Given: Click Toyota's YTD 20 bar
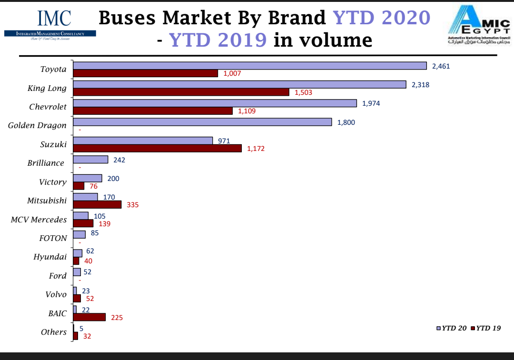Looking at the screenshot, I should pyautogui.click(x=249, y=66).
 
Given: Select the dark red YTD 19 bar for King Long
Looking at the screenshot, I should pyautogui.click(x=181, y=92).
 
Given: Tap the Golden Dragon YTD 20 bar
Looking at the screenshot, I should pyautogui.click(x=202, y=122).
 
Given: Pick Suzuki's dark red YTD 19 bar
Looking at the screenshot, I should pyautogui.click(x=157, y=148).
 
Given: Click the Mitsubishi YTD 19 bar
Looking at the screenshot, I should pyautogui.click(x=97, y=204).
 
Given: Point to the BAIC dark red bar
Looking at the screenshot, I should pyautogui.click(x=89, y=317).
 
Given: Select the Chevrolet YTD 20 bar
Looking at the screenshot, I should pyautogui.click(x=215, y=103).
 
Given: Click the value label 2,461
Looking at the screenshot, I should pyautogui.click(x=441, y=66).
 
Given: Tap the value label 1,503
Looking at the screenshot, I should pyautogui.click(x=303, y=92).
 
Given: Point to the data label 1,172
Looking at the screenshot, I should pyautogui.click(x=256, y=149).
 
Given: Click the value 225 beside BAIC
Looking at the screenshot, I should pyautogui.click(x=117, y=318).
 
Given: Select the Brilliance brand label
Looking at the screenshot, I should pyautogui.click(x=46, y=163).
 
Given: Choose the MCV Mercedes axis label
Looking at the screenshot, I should pyautogui.click(x=39, y=220).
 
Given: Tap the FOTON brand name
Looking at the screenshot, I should pyautogui.click(x=53, y=238).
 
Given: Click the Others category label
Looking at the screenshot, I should pyautogui.click(x=54, y=332).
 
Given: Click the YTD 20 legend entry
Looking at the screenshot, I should pyautogui.click(x=452, y=328).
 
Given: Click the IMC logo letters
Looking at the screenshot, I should pyautogui.click(x=54, y=18).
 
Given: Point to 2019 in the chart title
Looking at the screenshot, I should pyautogui.click(x=242, y=40).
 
